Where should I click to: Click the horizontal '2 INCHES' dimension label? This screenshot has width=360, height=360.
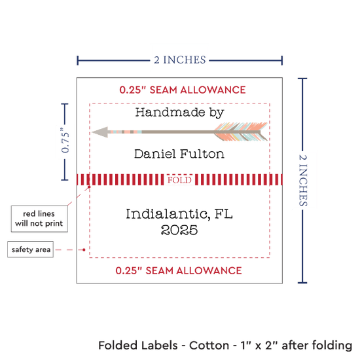[x=180, y=60]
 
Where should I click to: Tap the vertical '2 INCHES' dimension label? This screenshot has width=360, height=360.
[x=303, y=180]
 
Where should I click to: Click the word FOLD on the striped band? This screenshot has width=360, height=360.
[x=179, y=180]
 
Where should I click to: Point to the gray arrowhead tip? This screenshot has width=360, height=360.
[x=92, y=132]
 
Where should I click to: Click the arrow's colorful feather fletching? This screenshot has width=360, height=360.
[x=241, y=132]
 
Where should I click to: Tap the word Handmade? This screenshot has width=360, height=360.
[x=170, y=113]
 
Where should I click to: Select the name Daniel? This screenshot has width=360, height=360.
[x=155, y=154]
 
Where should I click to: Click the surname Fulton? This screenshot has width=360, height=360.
[x=202, y=154]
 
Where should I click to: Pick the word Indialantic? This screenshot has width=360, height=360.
[x=167, y=214]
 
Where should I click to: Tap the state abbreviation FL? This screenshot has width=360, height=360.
[x=223, y=213]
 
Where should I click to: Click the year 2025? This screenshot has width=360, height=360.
[x=179, y=230]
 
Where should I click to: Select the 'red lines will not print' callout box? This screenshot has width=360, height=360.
[x=39, y=219]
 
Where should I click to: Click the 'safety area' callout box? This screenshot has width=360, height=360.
[x=31, y=249]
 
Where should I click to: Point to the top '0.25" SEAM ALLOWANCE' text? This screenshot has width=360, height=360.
[x=183, y=90]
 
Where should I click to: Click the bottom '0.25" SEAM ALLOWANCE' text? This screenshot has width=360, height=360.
[x=179, y=270]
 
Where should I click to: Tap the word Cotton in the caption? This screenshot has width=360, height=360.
[x=209, y=346]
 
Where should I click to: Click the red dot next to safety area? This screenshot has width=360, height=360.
[x=84, y=249]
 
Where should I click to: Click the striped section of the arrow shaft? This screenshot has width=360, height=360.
[x=125, y=132]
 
